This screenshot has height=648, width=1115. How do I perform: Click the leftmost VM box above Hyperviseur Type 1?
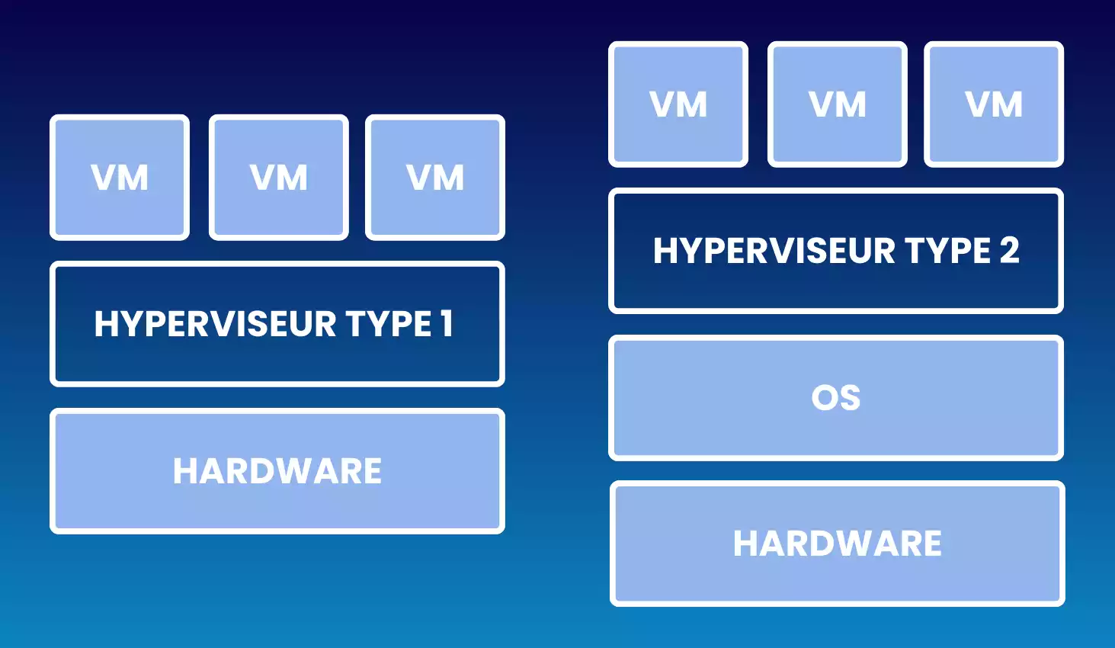coord(120,178)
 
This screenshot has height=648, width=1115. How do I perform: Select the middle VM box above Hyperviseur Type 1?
coord(279,178)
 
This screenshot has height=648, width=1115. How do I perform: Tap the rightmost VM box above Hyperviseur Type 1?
coord(435,178)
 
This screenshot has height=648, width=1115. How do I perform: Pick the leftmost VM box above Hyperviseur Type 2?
coord(678,104)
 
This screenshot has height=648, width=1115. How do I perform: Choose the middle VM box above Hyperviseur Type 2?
coord(838,104)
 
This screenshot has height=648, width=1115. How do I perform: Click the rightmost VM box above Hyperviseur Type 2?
coord(994,104)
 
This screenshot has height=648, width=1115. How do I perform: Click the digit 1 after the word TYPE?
coord(447,324)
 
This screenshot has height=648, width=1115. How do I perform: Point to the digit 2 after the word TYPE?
coord(1009,251)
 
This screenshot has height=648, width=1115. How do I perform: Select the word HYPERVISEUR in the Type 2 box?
coord(774,251)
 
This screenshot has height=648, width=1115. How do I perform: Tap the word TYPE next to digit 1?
coord(389,324)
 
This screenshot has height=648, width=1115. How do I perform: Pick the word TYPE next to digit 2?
coord(947,251)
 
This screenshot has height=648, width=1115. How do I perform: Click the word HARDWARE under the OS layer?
coord(838,544)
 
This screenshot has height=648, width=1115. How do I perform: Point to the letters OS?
coord(836,398)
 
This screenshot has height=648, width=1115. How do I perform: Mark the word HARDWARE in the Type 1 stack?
coord(277,471)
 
